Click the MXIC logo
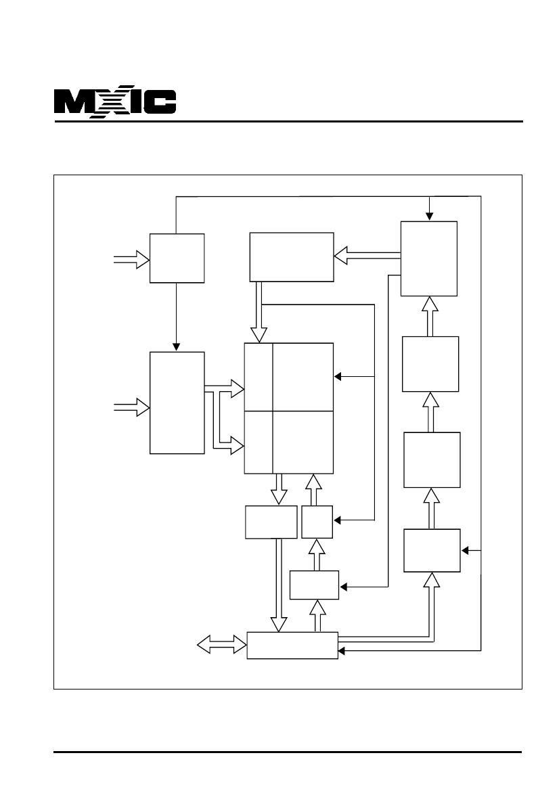(x=115, y=102)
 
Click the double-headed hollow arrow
(x=221, y=645)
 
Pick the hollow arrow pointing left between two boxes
(x=367, y=255)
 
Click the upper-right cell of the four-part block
(x=303, y=377)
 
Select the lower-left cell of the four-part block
(x=259, y=443)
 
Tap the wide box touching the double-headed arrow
(x=292, y=646)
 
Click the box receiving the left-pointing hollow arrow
(x=292, y=256)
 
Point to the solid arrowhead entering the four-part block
(x=338, y=376)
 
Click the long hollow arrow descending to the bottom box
(x=279, y=585)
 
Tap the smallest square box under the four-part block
(x=317, y=522)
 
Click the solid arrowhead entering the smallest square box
(x=337, y=520)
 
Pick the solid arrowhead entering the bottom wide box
(x=342, y=651)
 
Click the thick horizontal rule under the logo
(x=288, y=122)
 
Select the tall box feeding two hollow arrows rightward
(x=177, y=403)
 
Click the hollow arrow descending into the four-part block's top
(x=259, y=312)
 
